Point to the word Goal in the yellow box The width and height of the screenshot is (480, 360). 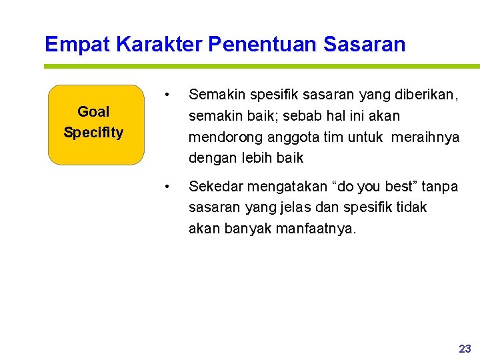pos(93,111)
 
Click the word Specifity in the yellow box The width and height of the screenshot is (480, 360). pos(93,132)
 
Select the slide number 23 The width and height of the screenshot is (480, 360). pos(465,348)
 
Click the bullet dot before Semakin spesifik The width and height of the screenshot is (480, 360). pos(171,94)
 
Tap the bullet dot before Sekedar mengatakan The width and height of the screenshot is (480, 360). pos(171,186)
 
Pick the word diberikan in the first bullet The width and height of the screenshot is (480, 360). pos(427,95)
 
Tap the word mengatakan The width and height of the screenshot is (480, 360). pos(279,187)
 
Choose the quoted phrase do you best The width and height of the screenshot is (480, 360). pos(372,187)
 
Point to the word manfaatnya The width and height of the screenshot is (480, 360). pos(317,229)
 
